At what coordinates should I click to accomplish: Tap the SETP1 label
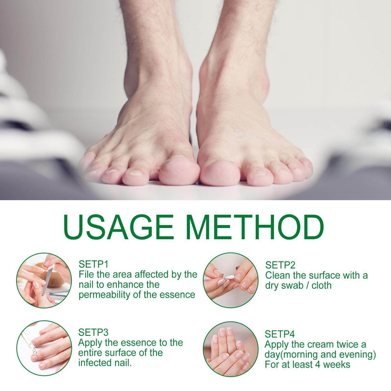(x=93, y=264)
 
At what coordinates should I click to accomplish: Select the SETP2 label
(x=280, y=265)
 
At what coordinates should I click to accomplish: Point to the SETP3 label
(x=93, y=332)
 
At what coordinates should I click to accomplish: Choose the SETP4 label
(x=280, y=334)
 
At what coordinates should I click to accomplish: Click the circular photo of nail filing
(x=44, y=280)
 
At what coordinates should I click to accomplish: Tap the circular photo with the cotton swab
(x=231, y=280)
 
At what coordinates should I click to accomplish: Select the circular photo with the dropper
(x=44, y=348)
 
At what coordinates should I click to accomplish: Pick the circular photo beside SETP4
(x=231, y=349)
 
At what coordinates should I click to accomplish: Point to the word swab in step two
(x=291, y=285)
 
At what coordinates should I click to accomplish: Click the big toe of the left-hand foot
(x=179, y=170)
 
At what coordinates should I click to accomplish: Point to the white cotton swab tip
(x=230, y=277)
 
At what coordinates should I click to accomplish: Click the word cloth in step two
(x=321, y=285)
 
